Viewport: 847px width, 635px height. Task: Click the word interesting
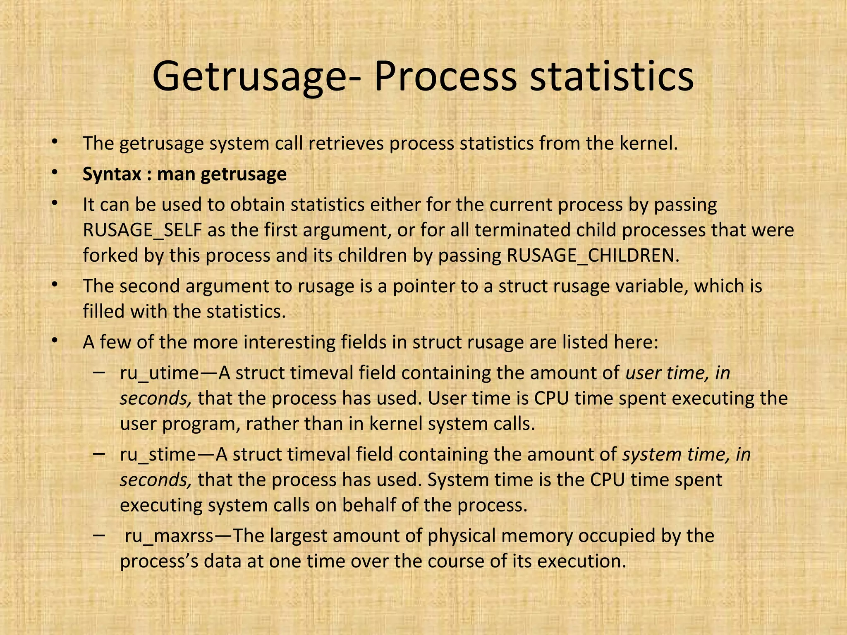[x=290, y=343]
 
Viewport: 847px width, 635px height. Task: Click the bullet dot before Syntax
[x=54, y=174]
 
